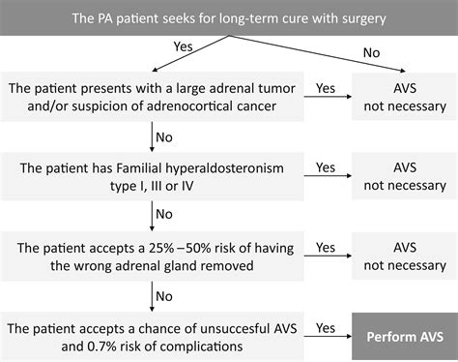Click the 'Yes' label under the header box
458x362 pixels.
click(183, 45)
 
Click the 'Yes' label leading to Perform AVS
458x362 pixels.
click(329, 328)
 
